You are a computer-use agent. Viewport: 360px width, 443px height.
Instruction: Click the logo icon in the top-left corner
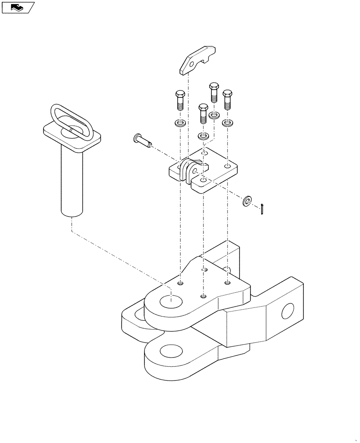[18, 7]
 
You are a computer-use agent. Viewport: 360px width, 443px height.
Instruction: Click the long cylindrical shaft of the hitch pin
[72, 182]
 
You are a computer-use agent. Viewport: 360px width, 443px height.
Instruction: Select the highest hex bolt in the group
[214, 92]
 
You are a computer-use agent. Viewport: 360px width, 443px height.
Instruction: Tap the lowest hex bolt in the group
[203, 113]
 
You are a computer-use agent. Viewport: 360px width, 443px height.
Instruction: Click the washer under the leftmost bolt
[180, 123]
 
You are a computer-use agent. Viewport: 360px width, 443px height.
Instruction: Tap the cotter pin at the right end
[263, 208]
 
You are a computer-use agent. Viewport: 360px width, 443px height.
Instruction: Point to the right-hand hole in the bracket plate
[227, 167]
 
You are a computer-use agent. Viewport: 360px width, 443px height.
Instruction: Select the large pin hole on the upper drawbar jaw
[171, 302]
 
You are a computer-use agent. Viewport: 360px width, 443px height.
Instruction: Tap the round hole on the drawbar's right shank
[288, 311]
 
